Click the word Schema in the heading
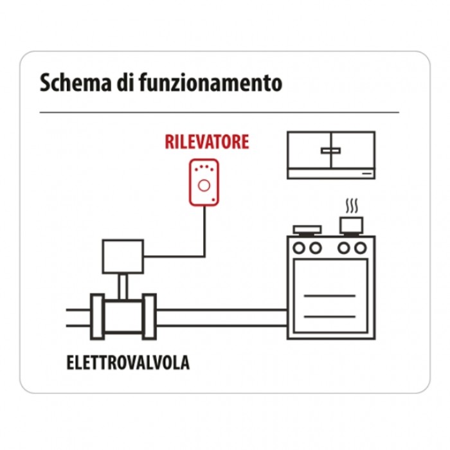(x=75, y=83)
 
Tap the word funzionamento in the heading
(x=211, y=83)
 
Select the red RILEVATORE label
(x=207, y=142)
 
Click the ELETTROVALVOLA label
(x=128, y=363)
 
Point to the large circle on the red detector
(x=204, y=186)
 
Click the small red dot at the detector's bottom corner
(x=213, y=199)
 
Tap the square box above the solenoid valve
(x=123, y=256)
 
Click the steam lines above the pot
(x=352, y=206)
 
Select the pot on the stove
(x=351, y=226)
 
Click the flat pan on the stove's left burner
(x=307, y=230)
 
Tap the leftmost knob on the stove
(x=299, y=248)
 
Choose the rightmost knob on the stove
(x=361, y=248)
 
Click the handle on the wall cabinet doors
(x=331, y=150)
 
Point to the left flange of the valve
(x=97, y=317)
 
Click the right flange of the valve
(x=149, y=317)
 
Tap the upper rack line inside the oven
(x=329, y=296)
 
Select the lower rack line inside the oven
(x=329, y=316)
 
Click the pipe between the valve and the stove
(x=222, y=318)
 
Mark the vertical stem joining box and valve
(x=123, y=287)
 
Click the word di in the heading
(x=125, y=83)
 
